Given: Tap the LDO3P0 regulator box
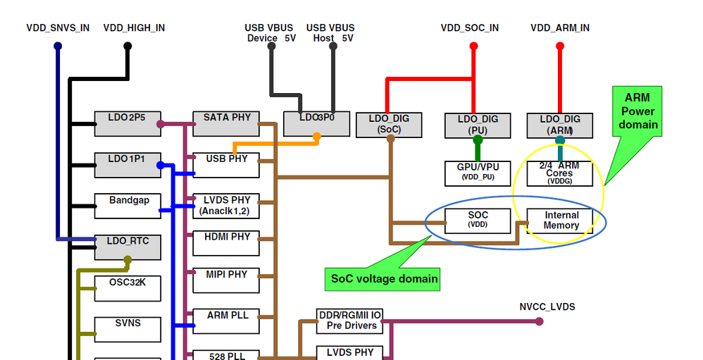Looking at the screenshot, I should pos(316,123).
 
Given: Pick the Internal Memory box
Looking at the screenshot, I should pos(561,221).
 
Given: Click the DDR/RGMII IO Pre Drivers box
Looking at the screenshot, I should pos(350,321).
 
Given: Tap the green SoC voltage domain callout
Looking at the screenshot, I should pos(384,279).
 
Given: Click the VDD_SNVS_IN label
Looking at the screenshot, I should pos(58,28).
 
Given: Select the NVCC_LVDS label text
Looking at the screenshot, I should pos(547,307).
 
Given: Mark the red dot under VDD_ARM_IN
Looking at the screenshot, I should pos(560,46).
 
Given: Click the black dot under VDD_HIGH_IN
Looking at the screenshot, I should pos(127,46).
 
